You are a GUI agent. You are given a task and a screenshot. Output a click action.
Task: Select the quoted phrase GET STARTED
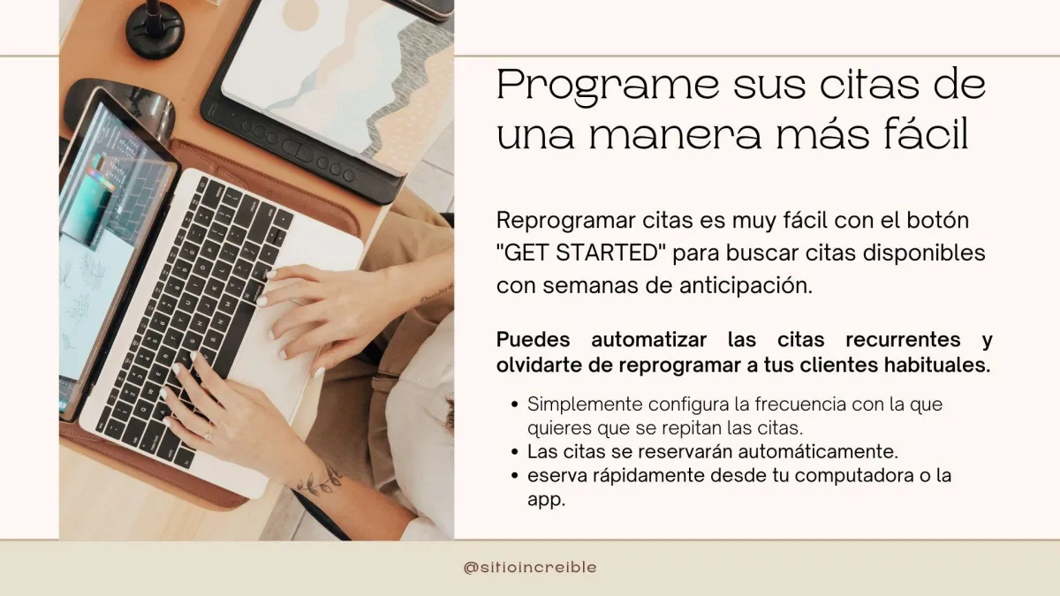[x=581, y=253]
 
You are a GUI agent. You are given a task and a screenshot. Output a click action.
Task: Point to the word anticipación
[x=746, y=285]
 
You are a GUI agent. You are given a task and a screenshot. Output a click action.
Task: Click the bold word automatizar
[x=648, y=340]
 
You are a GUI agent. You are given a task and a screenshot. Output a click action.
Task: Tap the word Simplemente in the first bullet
[x=585, y=405]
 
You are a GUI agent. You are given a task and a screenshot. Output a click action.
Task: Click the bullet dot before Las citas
[x=515, y=452]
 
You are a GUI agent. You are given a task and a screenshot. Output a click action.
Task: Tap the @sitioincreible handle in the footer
[x=530, y=567]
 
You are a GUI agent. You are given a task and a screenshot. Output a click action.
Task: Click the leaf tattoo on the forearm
[x=321, y=480]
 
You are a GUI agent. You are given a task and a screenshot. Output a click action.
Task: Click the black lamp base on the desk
[x=155, y=34]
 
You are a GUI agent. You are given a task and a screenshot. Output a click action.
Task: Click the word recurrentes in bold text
[x=903, y=340]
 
